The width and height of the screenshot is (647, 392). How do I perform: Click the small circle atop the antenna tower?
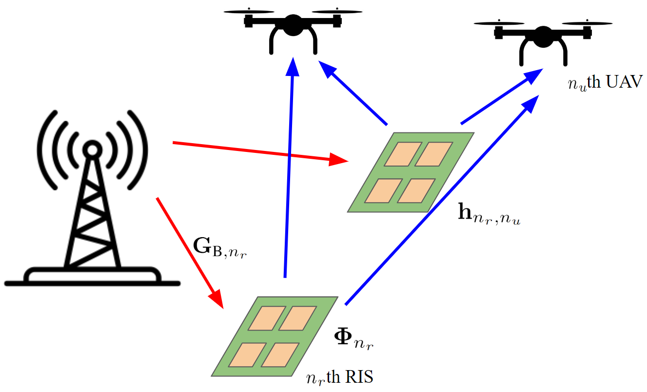click(91, 149)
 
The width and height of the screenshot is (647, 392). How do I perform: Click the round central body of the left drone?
click(293, 25)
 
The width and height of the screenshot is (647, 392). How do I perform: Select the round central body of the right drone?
click(543, 37)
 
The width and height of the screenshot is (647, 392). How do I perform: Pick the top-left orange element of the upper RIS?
click(406, 153)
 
